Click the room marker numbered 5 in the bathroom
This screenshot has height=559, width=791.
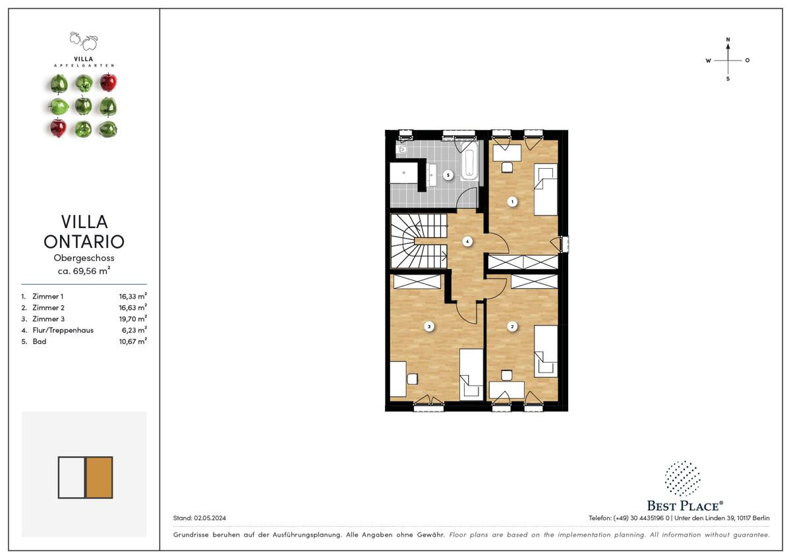point(448,175)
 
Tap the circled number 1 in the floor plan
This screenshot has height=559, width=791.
point(512,202)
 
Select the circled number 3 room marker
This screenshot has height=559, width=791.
point(429,327)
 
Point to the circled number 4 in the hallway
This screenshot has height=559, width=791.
point(467,241)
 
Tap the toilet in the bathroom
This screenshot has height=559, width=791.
point(401,150)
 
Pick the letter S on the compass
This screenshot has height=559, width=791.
point(728,78)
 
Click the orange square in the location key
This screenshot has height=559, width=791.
point(100,477)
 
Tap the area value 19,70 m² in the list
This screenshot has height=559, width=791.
point(132,318)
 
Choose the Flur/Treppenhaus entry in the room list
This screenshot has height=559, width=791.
point(63,330)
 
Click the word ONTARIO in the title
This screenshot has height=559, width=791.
point(84,241)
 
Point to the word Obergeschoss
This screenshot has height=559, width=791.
point(84,258)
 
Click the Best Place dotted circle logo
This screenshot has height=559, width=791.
point(682,478)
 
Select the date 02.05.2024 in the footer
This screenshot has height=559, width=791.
point(210,517)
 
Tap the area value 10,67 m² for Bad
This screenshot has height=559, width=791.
point(132,341)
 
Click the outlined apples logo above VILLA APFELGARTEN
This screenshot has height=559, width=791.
point(84,42)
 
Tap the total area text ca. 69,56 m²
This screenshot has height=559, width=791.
point(84,271)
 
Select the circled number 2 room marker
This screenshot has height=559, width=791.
point(512,327)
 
